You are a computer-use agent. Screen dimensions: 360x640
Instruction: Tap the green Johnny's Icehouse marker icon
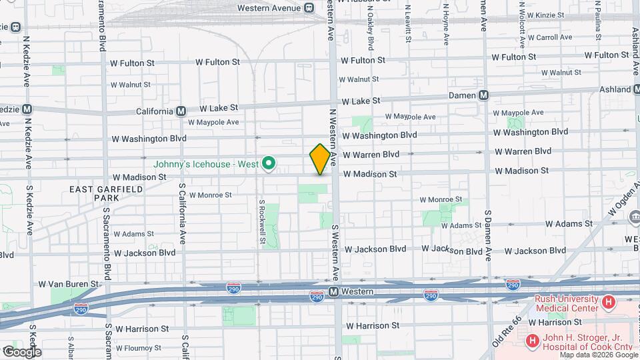[x=269, y=163]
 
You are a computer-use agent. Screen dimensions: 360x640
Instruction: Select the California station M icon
[x=181, y=112]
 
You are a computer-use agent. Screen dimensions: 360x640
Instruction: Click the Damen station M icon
[x=484, y=95]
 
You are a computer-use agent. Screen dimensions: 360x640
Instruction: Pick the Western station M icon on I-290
[x=335, y=292]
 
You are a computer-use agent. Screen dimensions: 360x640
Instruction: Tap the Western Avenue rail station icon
[x=309, y=8]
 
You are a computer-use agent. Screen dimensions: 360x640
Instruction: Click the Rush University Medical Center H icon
[x=608, y=303]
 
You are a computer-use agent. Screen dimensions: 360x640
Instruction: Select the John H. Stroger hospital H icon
[x=532, y=341]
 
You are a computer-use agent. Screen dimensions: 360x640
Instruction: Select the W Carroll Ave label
[x=548, y=38]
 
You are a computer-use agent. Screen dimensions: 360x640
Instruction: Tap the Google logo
[x=21, y=352]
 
